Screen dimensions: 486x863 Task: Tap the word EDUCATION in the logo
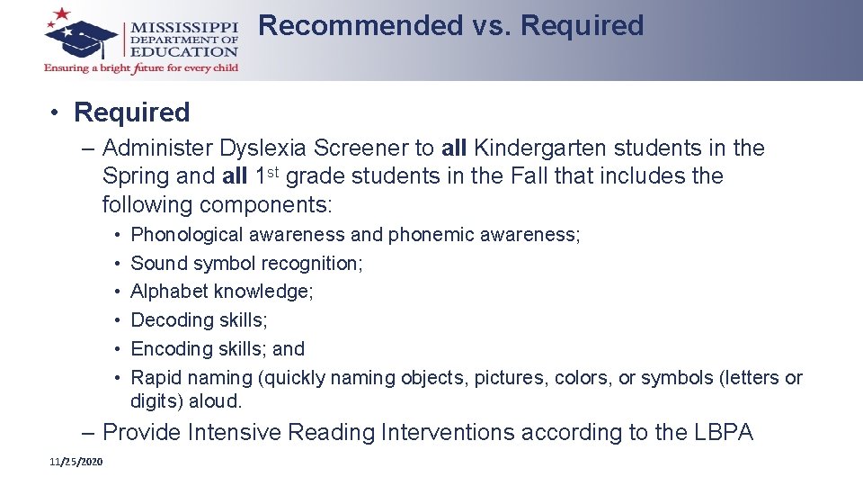click(184, 51)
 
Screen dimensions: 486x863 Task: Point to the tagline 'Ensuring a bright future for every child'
click(141, 67)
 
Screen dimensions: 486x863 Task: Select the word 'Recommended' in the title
click(360, 25)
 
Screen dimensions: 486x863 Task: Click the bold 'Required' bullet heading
click(131, 112)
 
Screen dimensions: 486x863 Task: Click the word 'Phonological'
click(187, 235)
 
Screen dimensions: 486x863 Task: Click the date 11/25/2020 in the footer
click(76, 462)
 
